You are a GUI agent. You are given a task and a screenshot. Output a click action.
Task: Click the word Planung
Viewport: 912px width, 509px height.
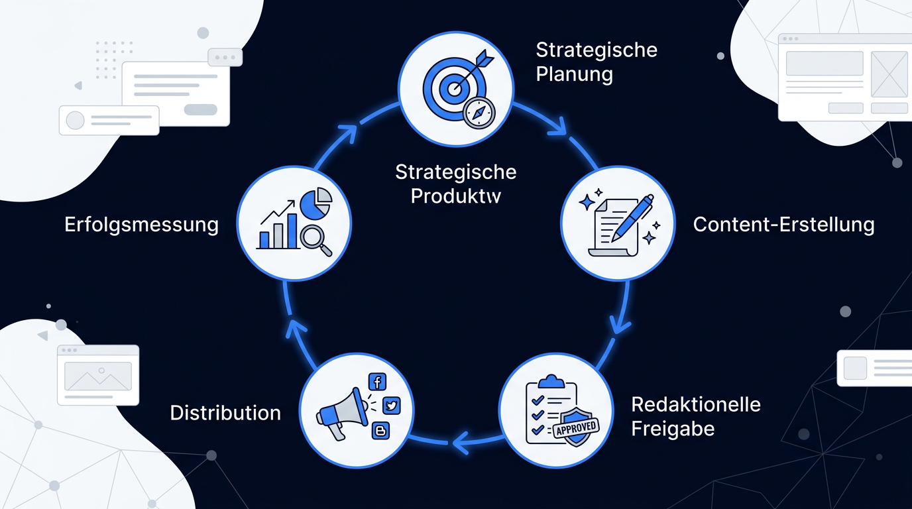click(x=574, y=74)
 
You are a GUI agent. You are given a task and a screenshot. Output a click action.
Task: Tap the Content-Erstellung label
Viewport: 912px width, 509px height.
click(x=783, y=225)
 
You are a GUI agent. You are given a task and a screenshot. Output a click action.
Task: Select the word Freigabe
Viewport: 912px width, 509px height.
click(x=673, y=429)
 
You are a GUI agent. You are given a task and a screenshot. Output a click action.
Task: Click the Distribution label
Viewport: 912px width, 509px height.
click(x=225, y=413)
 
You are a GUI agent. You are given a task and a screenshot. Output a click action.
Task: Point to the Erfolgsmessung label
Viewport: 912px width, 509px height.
click(x=141, y=225)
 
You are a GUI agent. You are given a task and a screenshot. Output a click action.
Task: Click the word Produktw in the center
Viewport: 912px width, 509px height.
click(x=455, y=196)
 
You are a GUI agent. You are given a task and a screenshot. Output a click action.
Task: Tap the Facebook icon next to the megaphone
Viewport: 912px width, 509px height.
click(x=377, y=382)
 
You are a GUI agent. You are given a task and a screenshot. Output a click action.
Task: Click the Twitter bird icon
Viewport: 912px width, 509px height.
click(x=392, y=406)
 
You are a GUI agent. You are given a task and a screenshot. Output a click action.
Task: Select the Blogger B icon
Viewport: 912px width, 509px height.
click(x=380, y=430)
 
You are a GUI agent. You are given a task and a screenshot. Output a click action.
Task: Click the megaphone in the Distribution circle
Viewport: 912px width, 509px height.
click(x=341, y=412)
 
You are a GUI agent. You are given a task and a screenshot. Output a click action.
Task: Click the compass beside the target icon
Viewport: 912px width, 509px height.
click(x=479, y=113)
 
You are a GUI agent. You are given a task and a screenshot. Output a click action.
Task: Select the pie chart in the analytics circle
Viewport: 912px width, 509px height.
click(x=316, y=202)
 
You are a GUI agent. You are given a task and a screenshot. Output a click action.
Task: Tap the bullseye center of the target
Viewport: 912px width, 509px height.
click(x=452, y=89)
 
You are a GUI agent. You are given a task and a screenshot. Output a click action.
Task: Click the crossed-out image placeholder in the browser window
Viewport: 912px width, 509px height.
click(x=889, y=74)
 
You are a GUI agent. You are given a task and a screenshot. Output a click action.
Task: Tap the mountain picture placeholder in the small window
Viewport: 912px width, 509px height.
click(x=98, y=376)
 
